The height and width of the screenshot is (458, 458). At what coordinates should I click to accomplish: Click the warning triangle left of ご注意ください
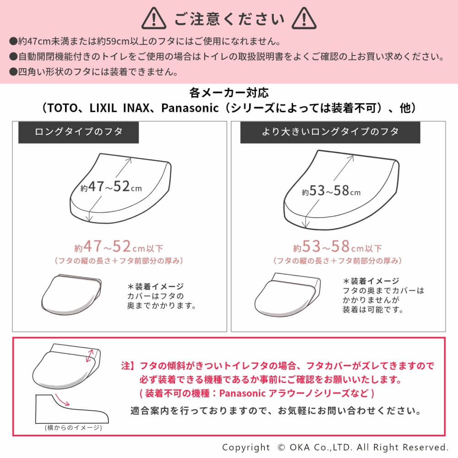click(153, 18)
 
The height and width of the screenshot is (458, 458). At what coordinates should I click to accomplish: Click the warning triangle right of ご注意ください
click(304, 18)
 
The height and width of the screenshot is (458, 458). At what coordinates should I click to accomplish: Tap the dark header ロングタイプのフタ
click(79, 132)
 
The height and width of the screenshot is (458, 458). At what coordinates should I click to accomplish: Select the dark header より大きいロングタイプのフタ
click(330, 132)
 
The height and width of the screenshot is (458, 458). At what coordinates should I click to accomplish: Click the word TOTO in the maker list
click(62, 108)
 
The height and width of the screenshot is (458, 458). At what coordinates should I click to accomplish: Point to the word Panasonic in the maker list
click(190, 108)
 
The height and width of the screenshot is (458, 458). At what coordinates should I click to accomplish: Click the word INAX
click(136, 108)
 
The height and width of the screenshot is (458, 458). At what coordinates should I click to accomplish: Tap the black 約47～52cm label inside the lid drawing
click(111, 187)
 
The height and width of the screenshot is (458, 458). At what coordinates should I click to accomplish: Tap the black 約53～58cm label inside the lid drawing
click(331, 191)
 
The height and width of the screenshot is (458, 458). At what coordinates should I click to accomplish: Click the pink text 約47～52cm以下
click(119, 246)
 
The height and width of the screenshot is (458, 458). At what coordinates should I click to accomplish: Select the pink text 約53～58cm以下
click(338, 246)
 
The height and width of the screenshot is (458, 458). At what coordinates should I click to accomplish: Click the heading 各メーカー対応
click(229, 93)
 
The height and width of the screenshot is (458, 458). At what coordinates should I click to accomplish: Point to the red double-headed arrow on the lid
click(90, 356)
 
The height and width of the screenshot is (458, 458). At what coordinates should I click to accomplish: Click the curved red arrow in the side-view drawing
click(62, 400)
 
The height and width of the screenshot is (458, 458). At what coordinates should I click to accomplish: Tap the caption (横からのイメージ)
click(73, 428)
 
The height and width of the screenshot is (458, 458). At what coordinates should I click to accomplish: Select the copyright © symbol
click(281, 447)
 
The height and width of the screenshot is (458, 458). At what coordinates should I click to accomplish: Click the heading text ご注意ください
click(229, 19)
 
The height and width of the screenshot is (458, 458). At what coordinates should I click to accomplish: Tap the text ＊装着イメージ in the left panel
click(155, 286)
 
